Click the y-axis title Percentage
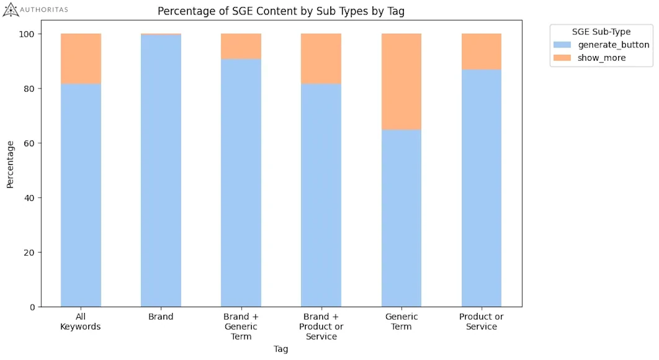click(10, 164)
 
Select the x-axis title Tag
click(281, 349)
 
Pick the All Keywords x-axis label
click(80, 322)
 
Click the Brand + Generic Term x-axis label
click(241, 326)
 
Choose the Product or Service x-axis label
click(481, 322)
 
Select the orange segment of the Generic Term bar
click(401, 82)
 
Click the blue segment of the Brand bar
click(161, 171)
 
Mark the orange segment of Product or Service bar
click(481, 51)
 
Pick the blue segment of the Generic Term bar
click(401, 218)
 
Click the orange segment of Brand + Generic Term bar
click(241, 46)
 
